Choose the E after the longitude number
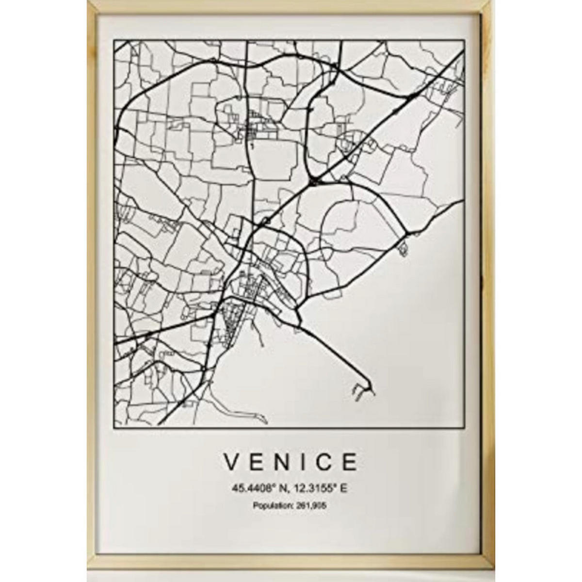tap(344, 489)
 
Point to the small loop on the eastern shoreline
tap(402, 250)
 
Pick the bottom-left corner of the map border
tap(114, 427)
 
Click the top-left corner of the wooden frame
tap(88, 2)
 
